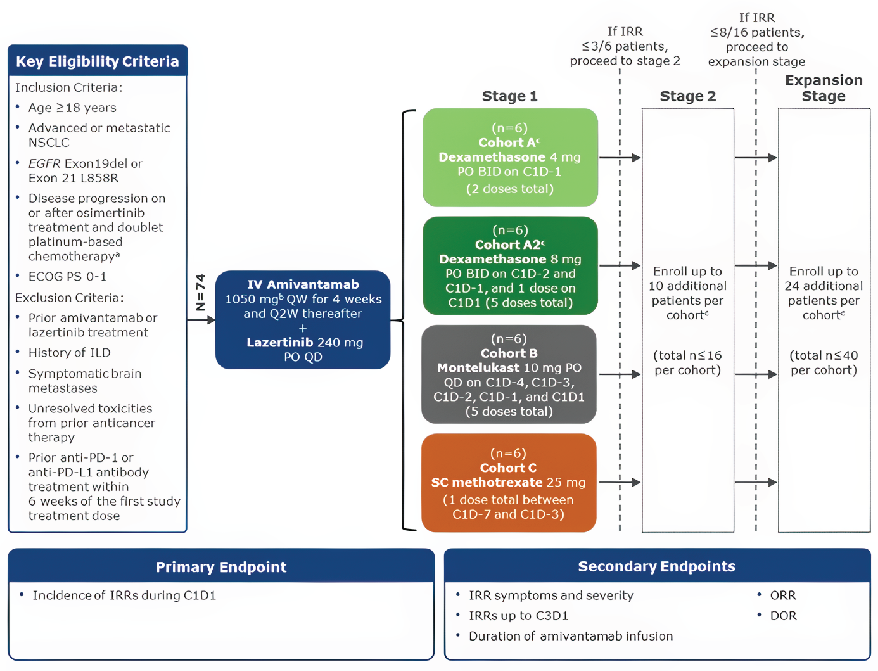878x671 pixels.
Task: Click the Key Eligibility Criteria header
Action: pyautogui.click(x=97, y=61)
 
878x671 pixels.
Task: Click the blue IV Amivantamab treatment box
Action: pyautogui.click(x=303, y=320)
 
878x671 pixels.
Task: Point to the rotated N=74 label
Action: pyautogui.click(x=200, y=292)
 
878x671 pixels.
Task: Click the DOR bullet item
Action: pyautogui.click(x=783, y=615)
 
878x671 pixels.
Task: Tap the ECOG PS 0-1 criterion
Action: pyautogui.click(x=67, y=276)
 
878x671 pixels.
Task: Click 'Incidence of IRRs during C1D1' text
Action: pyautogui.click(x=124, y=595)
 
